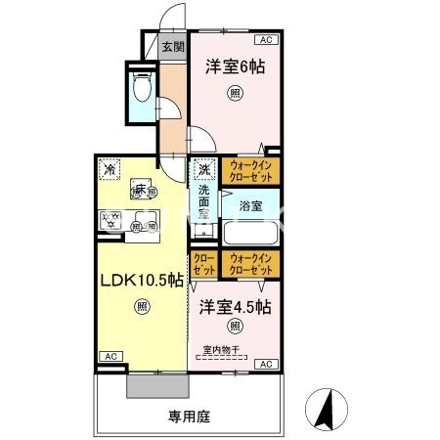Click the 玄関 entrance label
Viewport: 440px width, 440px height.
click(173, 46)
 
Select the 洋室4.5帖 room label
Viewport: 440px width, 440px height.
click(236, 306)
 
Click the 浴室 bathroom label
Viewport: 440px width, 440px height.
click(250, 206)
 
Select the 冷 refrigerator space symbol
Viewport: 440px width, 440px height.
click(109, 169)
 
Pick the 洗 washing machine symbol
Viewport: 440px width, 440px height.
click(203, 170)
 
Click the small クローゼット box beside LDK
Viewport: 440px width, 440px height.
click(204, 263)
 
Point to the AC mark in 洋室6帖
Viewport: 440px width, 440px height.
click(265, 40)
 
